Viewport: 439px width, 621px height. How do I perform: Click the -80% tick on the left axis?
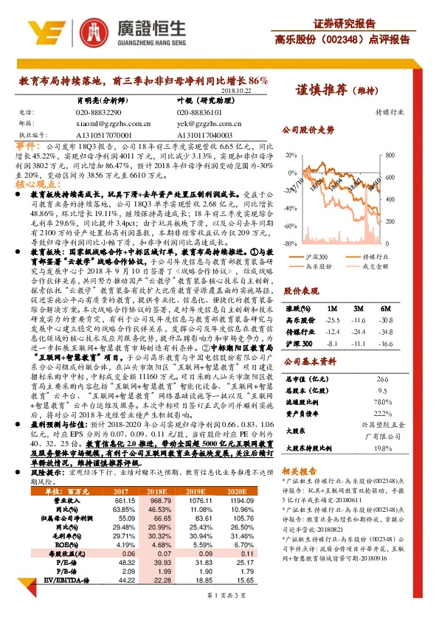click(x=290, y=243)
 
